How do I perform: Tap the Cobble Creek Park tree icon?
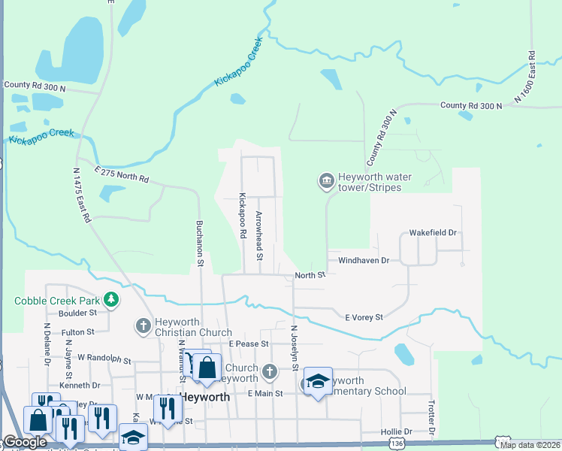112,301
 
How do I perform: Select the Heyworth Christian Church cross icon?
144,326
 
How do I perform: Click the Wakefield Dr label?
433,233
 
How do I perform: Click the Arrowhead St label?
258,236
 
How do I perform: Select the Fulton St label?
78,331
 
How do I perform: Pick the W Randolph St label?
104,360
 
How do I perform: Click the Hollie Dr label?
397,431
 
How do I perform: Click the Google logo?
24,442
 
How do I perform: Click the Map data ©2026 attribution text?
530,445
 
